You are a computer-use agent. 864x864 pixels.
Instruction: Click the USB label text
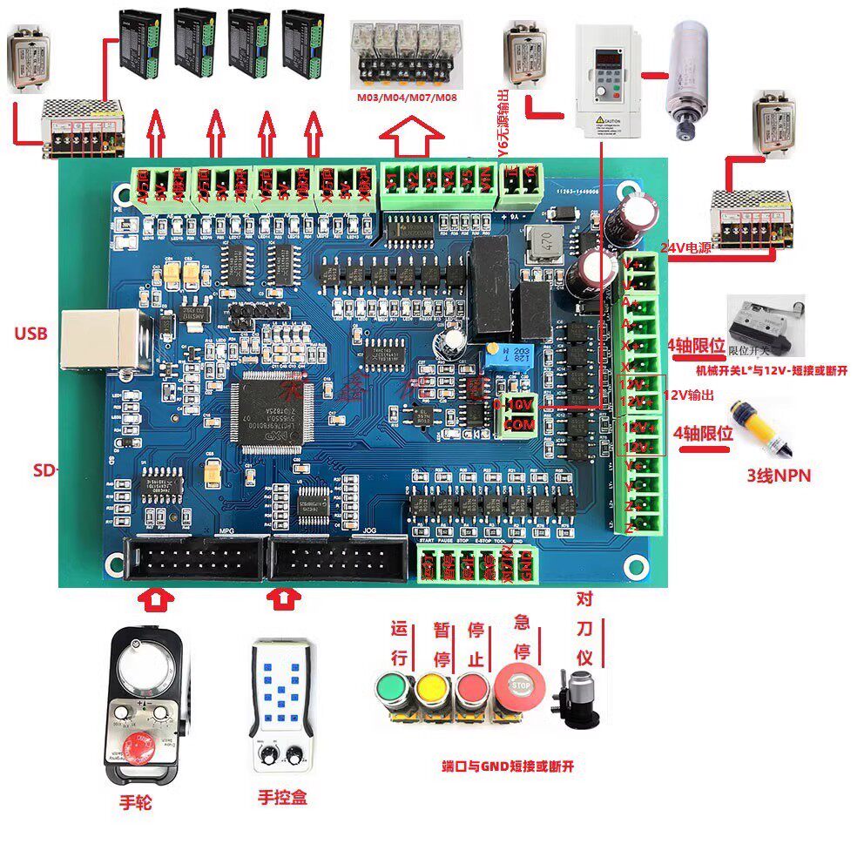point(30,334)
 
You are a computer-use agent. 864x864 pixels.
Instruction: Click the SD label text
point(44,470)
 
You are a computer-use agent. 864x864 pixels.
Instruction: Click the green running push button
point(390,691)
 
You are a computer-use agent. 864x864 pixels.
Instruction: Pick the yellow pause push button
point(432,691)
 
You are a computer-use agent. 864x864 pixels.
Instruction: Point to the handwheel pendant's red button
point(139,747)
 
